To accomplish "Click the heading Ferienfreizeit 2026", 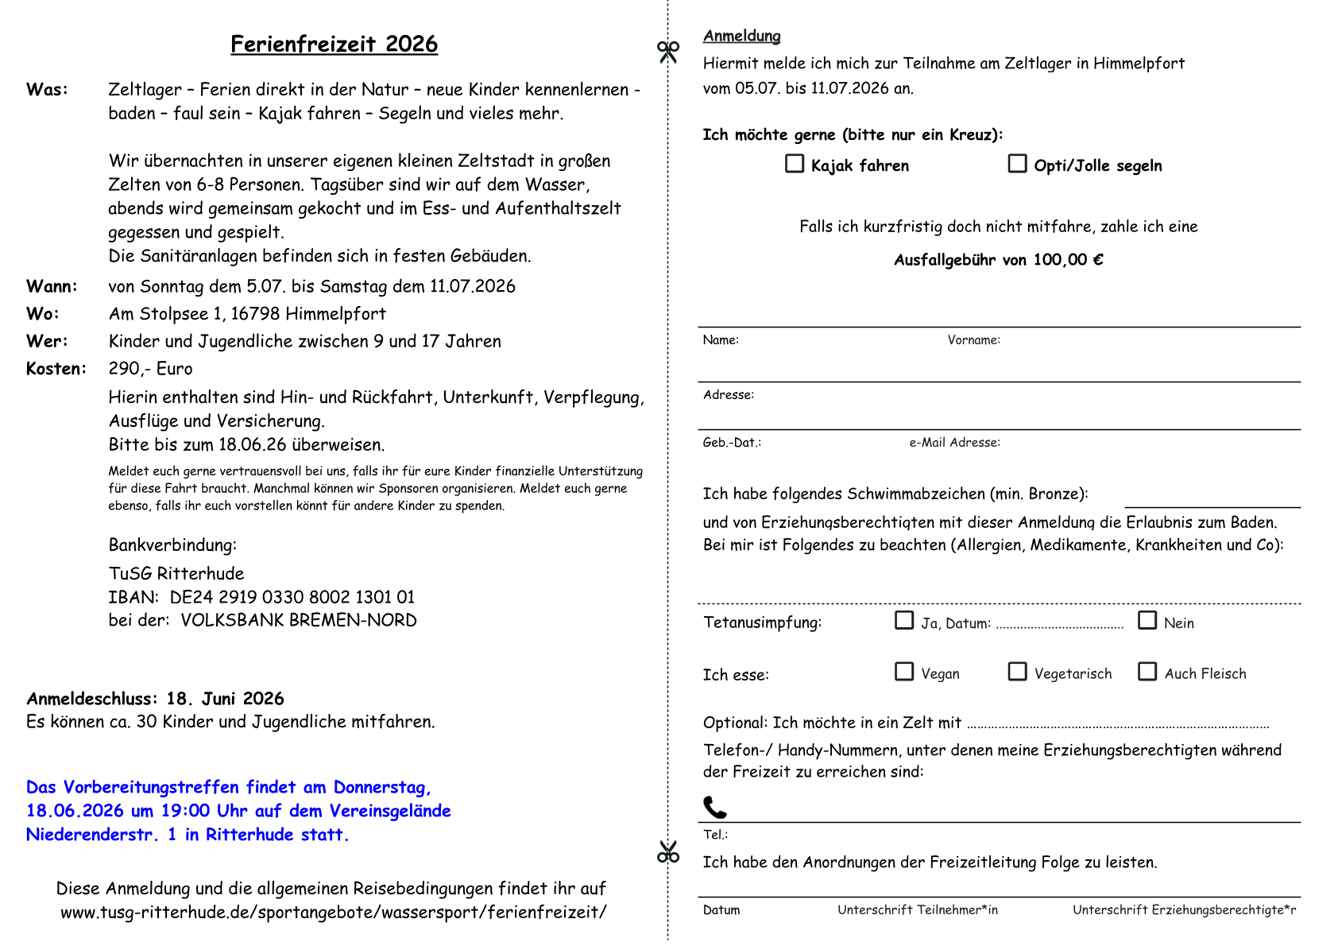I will pyautogui.click(x=334, y=44).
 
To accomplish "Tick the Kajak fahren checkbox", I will pyautogui.click(x=795, y=164).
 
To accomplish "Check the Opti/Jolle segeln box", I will pyautogui.click(x=1017, y=164).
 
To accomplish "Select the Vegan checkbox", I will pyautogui.click(x=904, y=672).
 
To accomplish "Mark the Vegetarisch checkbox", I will pyautogui.click(x=1017, y=672).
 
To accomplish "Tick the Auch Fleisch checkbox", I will pyautogui.click(x=1147, y=672).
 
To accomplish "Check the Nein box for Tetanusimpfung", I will pyautogui.click(x=1147, y=621).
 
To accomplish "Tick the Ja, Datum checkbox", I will pyautogui.click(x=904, y=621).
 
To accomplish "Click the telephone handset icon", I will pyautogui.click(x=715, y=808).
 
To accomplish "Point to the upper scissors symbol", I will pyautogui.click(x=668, y=52).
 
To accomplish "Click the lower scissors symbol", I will pyautogui.click(x=668, y=852).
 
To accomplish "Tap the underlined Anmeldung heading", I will pyautogui.click(x=741, y=36).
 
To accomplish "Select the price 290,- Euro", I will pyautogui.click(x=151, y=369).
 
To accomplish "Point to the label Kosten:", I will pyautogui.click(x=56, y=369).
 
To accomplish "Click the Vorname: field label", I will pyautogui.click(x=973, y=340).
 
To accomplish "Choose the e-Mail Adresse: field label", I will pyautogui.click(x=954, y=443).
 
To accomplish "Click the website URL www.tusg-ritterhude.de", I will pyautogui.click(x=334, y=913).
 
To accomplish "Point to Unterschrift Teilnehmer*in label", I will pyautogui.click(x=918, y=910).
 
